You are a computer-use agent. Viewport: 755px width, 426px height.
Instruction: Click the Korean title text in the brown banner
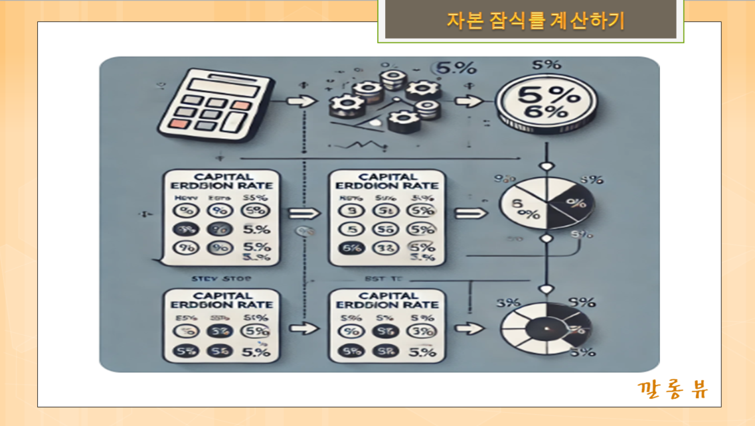(535, 21)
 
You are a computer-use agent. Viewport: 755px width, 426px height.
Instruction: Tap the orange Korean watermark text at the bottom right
(672, 389)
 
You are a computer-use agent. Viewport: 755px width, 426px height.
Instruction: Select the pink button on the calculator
(181, 124)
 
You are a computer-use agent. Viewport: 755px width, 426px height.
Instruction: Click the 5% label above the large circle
(546, 65)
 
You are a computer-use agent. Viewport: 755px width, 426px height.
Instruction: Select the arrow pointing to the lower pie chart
(472, 328)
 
